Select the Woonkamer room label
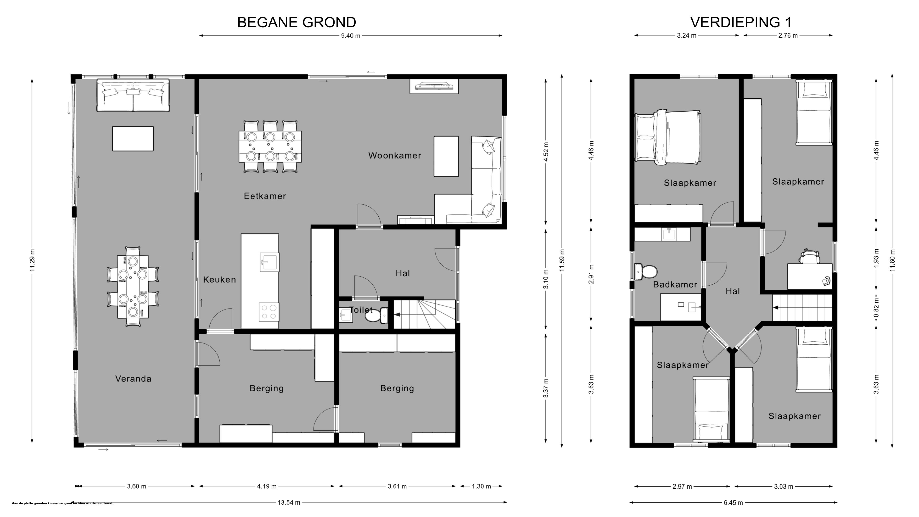[x=395, y=156]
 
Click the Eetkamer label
[x=265, y=196]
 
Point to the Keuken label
[x=219, y=280]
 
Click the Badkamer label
[x=675, y=284]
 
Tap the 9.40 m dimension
[x=351, y=36]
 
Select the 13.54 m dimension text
[x=289, y=502]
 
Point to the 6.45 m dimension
[x=734, y=503]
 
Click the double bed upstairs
[x=668, y=137]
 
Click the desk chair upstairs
[x=810, y=256]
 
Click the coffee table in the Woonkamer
[x=446, y=156]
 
